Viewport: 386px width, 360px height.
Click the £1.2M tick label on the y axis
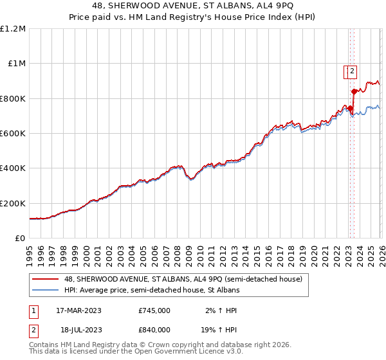coord(13,29)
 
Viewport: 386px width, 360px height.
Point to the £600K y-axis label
coord(13,134)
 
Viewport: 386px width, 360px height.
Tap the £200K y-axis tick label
coord(13,203)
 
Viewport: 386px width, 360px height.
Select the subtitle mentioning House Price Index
coord(192,18)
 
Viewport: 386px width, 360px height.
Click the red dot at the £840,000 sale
coord(354,92)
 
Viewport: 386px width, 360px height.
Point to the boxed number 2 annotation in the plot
coord(353,72)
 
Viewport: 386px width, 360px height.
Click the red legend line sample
coord(46,279)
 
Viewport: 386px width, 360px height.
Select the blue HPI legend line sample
coord(46,290)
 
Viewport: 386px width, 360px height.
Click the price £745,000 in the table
coord(154,310)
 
